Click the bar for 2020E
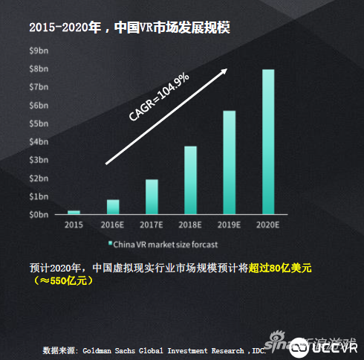click(268, 141)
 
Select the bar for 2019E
click(230, 162)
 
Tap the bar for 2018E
click(190, 180)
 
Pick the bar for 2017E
click(152, 196)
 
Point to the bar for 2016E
click(113, 207)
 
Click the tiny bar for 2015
click(74, 212)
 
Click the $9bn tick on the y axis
click(38, 51)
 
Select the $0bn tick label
click(38, 214)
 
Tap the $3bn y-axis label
click(38, 160)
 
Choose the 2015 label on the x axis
click(74, 224)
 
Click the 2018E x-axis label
click(190, 224)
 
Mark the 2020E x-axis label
click(268, 224)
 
